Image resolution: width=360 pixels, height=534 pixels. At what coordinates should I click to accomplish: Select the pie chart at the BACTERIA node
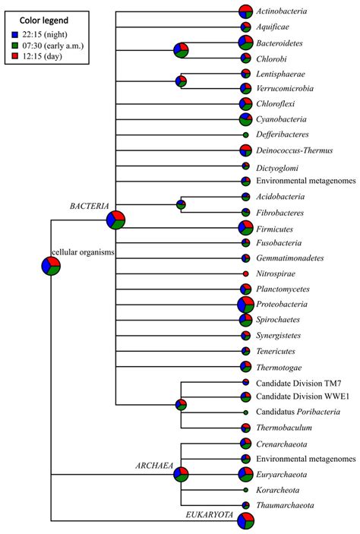[x=115, y=220]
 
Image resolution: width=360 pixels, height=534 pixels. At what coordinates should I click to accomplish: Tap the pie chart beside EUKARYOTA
[x=245, y=521]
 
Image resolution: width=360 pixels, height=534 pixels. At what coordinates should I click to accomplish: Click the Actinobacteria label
[x=282, y=11]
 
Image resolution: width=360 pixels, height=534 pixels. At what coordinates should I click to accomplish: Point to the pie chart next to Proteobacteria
[x=245, y=305]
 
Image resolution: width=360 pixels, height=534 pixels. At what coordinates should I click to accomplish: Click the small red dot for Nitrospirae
[x=245, y=273]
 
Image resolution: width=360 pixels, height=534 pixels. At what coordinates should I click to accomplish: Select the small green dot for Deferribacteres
[x=245, y=134]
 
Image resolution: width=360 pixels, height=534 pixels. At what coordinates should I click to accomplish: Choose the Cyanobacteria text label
[x=281, y=119]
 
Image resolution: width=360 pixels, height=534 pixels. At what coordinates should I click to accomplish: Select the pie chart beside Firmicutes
[x=245, y=228]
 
